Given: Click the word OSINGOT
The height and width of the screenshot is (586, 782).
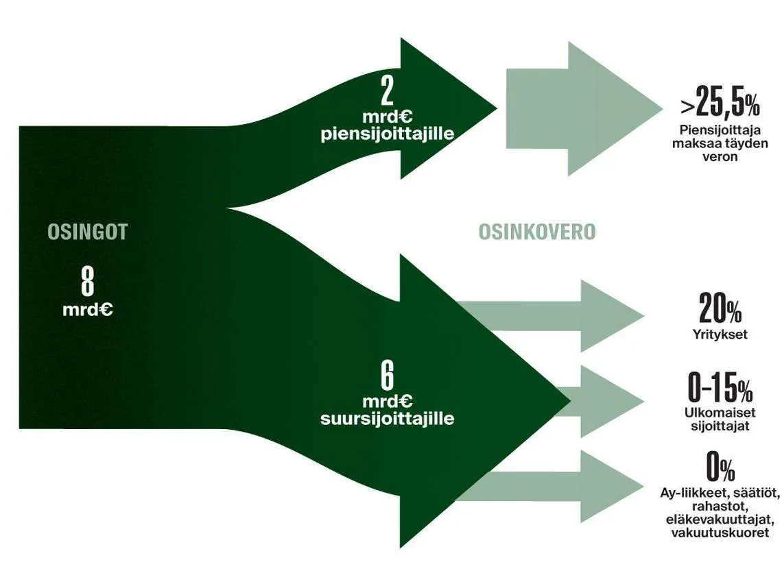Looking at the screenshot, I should point(88,232).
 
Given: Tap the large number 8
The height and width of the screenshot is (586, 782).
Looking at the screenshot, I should point(88,281).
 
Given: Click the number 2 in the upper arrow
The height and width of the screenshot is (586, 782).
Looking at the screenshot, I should point(387,90).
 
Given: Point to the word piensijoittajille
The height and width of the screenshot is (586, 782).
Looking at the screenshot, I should point(388,134).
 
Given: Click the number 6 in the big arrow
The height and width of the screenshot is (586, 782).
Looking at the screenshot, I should point(387,375).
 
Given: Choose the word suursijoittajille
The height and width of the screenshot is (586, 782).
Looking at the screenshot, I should point(388,418).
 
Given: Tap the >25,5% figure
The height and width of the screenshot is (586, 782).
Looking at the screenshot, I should point(720,104).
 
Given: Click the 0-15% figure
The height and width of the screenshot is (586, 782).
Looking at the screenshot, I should point(720,389).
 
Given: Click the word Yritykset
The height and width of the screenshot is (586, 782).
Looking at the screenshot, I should point(720,335).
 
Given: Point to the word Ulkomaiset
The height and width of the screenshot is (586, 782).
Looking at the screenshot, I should point(720,413).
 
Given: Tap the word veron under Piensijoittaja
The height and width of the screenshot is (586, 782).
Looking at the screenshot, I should point(720,156).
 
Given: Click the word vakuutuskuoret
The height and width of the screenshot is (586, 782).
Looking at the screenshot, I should point(720,533).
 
